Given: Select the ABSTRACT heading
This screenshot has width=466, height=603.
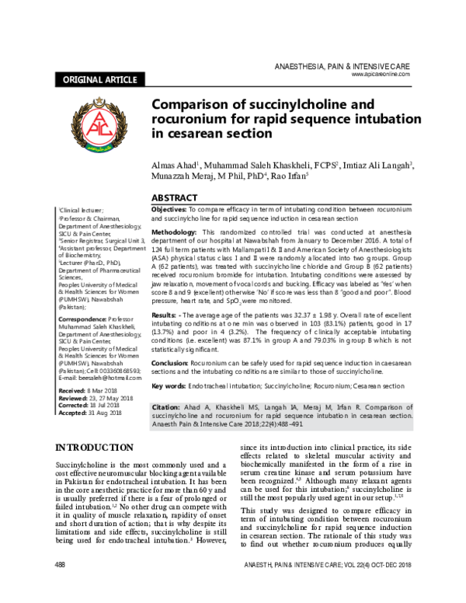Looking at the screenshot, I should pyautogui.click(x=175, y=198).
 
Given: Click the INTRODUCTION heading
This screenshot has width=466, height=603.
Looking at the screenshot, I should pyautogui.click(x=96, y=447).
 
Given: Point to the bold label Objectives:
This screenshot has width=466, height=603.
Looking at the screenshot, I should pyautogui.click(x=167, y=211).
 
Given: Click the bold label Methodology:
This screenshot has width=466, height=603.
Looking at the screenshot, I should pyautogui.click(x=175, y=232).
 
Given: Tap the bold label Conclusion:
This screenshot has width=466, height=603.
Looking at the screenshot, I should pyautogui.click(x=169, y=361).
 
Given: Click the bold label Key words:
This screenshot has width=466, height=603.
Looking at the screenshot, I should pyautogui.click(x=167, y=385).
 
